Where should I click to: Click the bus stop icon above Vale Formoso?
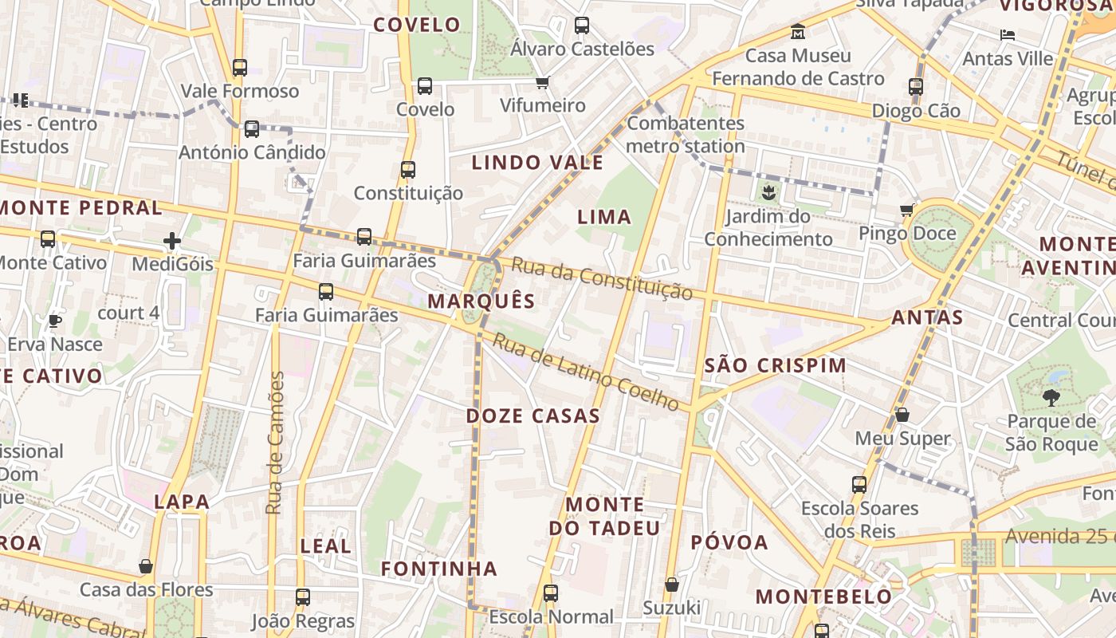pyautogui.click(x=240, y=68)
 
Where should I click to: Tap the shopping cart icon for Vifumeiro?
pyautogui.click(x=543, y=82)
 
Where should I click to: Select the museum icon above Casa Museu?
pyautogui.click(x=798, y=32)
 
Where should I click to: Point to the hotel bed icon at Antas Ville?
pyautogui.click(x=1008, y=35)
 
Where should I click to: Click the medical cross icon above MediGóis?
pyautogui.click(x=172, y=240)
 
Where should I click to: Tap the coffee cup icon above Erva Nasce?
pyautogui.click(x=54, y=321)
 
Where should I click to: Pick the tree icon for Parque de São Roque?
pyautogui.click(x=1051, y=397)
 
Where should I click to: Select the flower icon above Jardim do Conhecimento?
pyautogui.click(x=768, y=192)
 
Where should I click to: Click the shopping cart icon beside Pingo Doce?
pyautogui.click(x=906, y=211)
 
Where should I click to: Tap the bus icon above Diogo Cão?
pyautogui.click(x=916, y=87)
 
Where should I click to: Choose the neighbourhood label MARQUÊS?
pyautogui.click(x=481, y=301)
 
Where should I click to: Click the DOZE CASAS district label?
pyautogui.click(x=532, y=415)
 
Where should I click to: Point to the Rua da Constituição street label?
pyautogui.click(x=602, y=278)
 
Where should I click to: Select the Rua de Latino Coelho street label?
pyautogui.click(x=586, y=372)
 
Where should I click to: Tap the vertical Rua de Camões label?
pyautogui.click(x=275, y=443)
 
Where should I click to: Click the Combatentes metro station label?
pyautogui.click(x=686, y=135)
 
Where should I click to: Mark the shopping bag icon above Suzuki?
pyautogui.click(x=672, y=585)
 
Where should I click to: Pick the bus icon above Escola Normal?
pyautogui.click(x=551, y=593)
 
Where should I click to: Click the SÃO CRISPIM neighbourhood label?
pyautogui.click(x=776, y=365)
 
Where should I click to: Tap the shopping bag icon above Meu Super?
pyautogui.click(x=902, y=415)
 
